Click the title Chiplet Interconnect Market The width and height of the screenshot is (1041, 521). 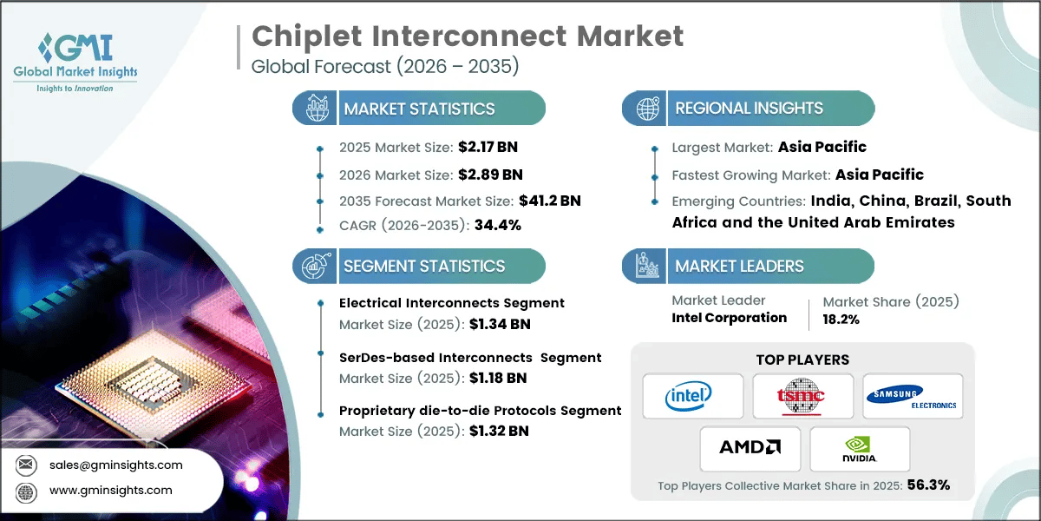(467, 36)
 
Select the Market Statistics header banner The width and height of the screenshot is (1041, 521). (419, 109)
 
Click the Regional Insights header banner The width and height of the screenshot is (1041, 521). (749, 109)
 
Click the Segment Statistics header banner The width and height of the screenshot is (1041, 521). (423, 266)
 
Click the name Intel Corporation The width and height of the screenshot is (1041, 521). (729, 318)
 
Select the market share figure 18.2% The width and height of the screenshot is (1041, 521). (841, 319)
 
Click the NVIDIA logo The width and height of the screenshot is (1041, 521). (859, 448)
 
